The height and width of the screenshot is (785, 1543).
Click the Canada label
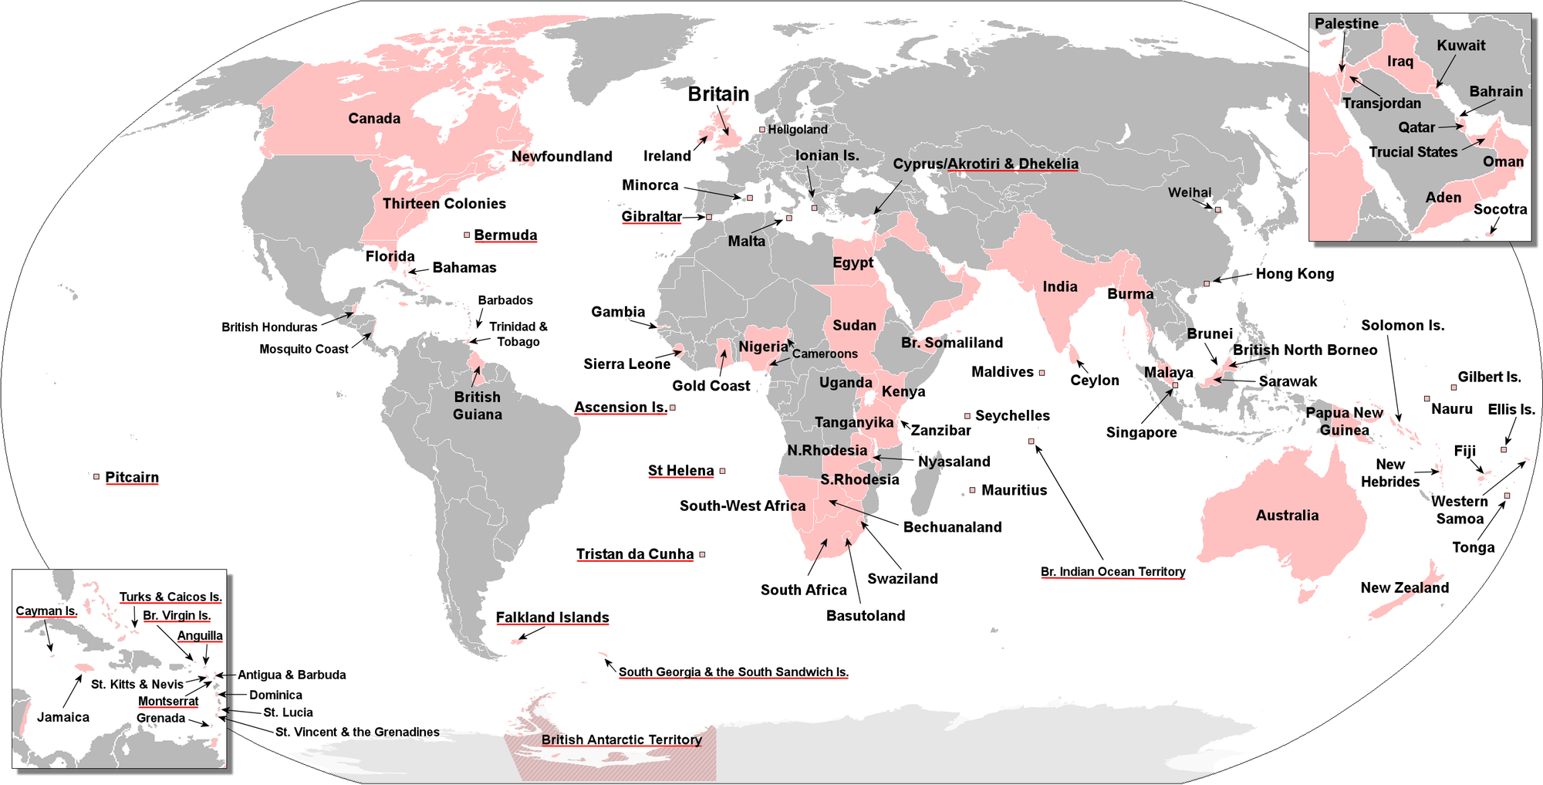(374, 118)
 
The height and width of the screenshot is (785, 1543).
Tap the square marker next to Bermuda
(467, 235)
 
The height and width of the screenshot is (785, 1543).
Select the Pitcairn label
(132, 477)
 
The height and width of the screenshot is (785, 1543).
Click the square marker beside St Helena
(723, 471)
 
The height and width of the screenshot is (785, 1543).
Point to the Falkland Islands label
(552, 618)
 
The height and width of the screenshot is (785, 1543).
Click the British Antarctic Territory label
(621, 739)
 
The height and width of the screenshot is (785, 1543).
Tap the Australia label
(1287, 515)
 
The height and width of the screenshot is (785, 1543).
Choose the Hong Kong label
(1295, 273)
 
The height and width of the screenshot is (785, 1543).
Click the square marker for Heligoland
(762, 130)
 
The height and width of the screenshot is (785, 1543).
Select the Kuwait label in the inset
(1460, 46)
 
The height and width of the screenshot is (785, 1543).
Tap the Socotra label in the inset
(1500, 209)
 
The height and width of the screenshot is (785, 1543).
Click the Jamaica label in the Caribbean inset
(63, 717)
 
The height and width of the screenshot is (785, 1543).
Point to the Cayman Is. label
(46, 611)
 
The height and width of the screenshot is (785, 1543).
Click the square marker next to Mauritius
(972, 490)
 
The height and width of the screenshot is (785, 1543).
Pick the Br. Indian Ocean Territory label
(1113, 571)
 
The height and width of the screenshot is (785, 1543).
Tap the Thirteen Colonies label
(444, 204)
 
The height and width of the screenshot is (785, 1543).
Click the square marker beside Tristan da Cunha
(702, 554)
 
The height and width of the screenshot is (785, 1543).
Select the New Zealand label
(1404, 587)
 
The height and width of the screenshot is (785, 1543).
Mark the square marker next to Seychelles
(967, 416)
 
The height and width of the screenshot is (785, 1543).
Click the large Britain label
(718, 94)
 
